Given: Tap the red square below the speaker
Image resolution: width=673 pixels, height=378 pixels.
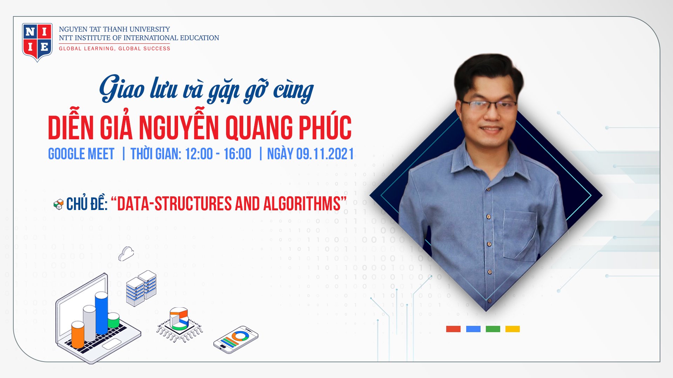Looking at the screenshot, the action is click(453, 329).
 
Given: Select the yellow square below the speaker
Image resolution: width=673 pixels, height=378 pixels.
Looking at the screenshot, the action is click(512, 329).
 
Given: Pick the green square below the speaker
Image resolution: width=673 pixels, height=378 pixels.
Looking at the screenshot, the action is click(493, 329).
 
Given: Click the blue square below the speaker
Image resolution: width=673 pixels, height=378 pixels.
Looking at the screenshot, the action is click(473, 329).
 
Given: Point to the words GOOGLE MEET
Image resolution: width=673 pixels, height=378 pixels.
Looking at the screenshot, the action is click(81, 154).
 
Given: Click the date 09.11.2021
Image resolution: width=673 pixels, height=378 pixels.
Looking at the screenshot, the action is click(325, 154).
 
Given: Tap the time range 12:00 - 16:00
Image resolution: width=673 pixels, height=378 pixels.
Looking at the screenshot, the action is click(218, 154).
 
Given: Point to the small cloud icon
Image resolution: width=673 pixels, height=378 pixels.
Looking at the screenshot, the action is click(126, 253).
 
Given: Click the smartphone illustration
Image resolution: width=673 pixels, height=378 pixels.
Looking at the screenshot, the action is click(236, 339).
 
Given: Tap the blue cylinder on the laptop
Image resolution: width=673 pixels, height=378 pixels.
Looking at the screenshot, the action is click(102, 313).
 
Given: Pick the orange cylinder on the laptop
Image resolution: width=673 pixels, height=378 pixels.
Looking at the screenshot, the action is click(78, 335).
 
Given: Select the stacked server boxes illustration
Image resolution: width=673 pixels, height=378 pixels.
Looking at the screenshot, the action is click(141, 288).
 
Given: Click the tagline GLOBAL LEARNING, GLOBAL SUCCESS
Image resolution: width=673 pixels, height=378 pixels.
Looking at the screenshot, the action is click(115, 49).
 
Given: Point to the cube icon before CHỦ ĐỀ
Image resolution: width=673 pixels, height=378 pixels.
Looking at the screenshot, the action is click(59, 204).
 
